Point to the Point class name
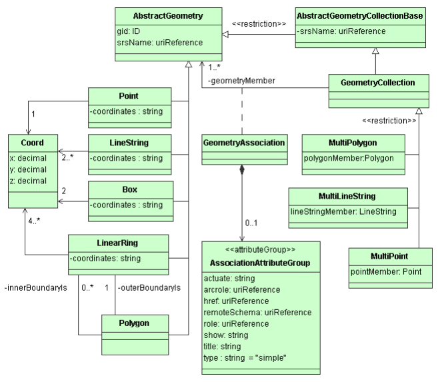tap(129, 97)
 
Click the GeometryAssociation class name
tap(244, 142)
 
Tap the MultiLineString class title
tap(347, 196)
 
